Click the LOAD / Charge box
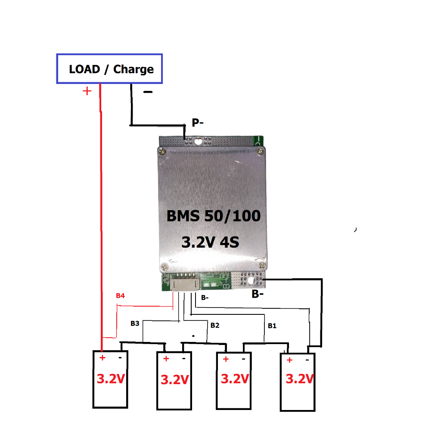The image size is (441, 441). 109,68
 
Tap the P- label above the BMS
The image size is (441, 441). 198,123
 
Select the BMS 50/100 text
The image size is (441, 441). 214,215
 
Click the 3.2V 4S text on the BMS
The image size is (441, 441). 210,242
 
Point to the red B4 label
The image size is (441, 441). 120,296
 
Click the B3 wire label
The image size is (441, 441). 135,323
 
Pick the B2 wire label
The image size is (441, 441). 215,325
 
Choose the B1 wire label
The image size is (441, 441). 272,326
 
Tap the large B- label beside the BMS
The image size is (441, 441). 258,295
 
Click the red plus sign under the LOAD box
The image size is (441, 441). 87,91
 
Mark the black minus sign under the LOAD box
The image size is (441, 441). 148,92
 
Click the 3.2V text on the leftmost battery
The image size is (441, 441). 111,379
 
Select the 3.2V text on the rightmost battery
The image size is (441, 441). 300,379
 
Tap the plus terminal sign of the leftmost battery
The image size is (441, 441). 102,358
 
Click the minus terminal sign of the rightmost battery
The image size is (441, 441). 307,360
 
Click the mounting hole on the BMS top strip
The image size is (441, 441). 198,141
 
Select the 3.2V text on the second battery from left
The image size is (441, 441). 174,379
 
